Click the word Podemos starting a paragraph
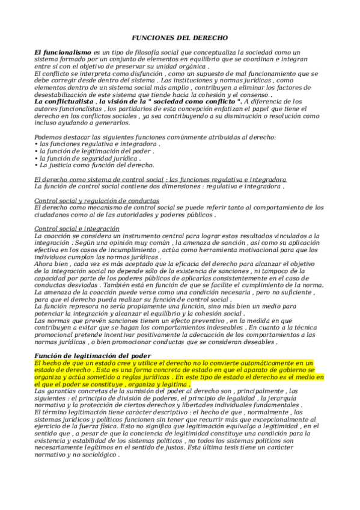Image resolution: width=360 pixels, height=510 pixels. [50, 138]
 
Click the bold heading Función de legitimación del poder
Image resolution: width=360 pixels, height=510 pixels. [93, 356]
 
